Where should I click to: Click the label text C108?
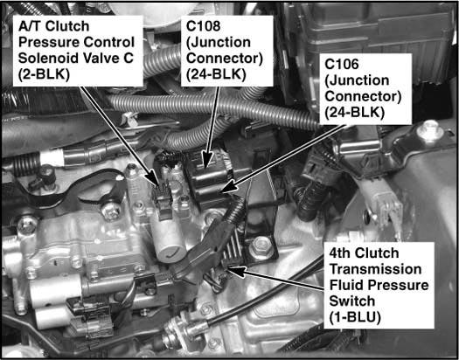coord(203,26)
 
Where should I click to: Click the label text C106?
coord(342,65)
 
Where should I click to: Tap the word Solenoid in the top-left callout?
coord(51,58)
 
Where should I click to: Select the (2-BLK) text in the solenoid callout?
coord(45,74)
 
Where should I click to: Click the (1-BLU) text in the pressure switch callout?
coord(355,317)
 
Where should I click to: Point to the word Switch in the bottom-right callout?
coord(348,301)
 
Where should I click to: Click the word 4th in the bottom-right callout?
coord(339,253)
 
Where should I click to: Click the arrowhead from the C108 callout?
coord(207,161)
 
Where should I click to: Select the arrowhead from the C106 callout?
coord(228,187)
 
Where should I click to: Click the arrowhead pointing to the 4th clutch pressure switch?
coord(236,271)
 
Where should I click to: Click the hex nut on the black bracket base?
coord(260,244)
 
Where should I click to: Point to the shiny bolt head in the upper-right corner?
coord(430,129)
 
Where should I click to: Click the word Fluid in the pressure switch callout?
coord(344,285)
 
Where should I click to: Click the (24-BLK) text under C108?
coord(216,74)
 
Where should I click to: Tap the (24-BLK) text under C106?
coord(355,113)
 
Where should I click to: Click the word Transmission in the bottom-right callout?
coord(375,269)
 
